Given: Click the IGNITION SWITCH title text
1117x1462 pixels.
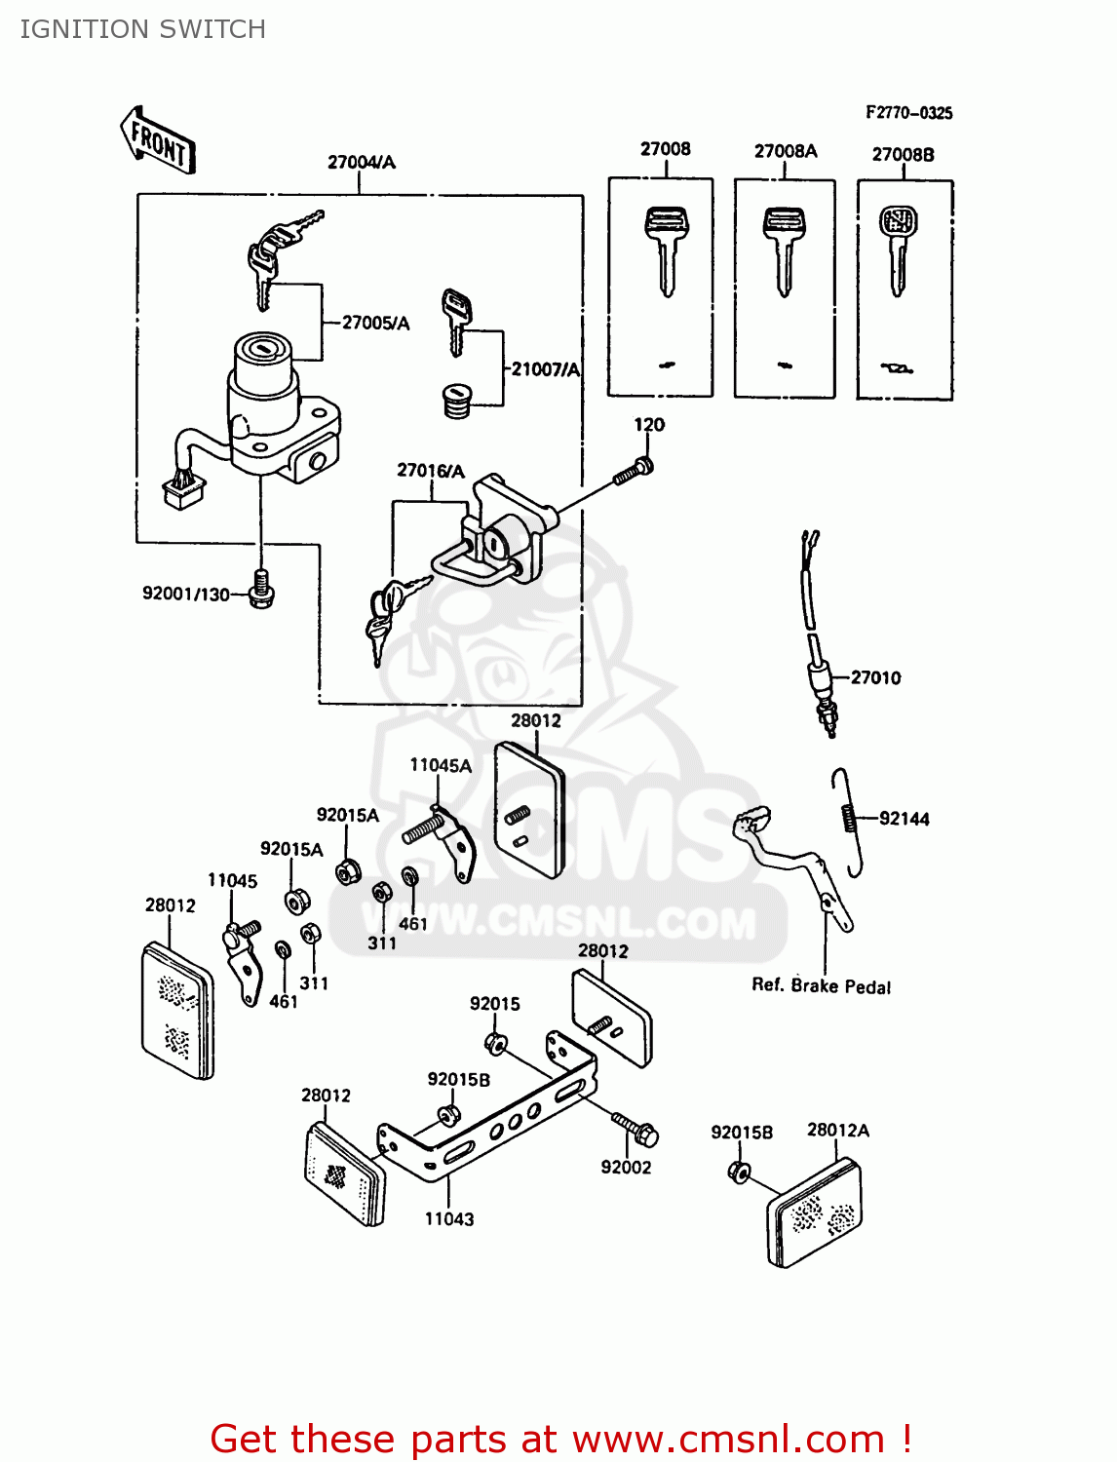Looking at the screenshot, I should [x=142, y=29].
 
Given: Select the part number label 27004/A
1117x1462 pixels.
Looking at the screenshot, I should [x=362, y=162].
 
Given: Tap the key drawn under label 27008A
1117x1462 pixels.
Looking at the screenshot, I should [x=784, y=249].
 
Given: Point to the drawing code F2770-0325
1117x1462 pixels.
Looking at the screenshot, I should [x=908, y=113].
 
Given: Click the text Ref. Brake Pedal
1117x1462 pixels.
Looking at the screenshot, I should [x=821, y=985].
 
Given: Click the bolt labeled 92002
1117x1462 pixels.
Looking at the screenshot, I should [x=636, y=1129].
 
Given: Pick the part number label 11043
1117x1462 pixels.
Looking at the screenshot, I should [x=449, y=1218].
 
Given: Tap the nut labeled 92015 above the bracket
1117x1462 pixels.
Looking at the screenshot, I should [x=495, y=1045].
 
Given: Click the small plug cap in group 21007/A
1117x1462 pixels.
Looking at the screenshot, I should [x=456, y=401].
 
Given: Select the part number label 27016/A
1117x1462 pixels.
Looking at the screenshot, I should [x=431, y=471].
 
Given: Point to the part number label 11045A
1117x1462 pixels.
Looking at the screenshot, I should [x=441, y=765].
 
